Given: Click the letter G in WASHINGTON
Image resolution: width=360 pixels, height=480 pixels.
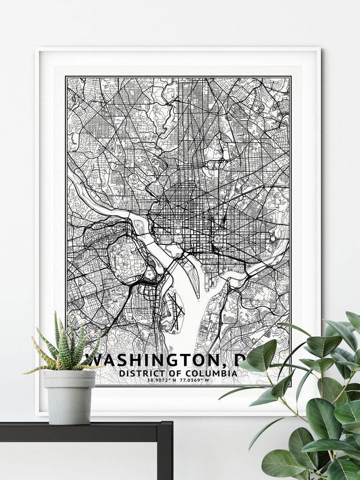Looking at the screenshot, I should point(167,360).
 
